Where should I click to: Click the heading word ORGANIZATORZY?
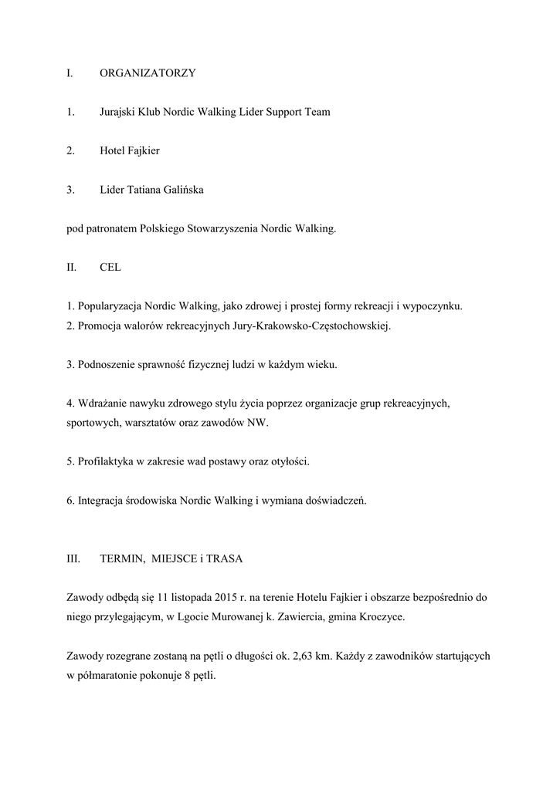pyautogui.click(x=148, y=73)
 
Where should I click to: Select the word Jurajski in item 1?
pyautogui.click(x=117, y=112)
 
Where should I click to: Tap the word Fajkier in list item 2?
pyautogui.click(x=144, y=150)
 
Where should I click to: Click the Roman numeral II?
pyautogui.click(x=71, y=267)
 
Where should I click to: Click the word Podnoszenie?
pyautogui.click(x=106, y=364)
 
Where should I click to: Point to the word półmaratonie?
pyautogui.click(x=108, y=676)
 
